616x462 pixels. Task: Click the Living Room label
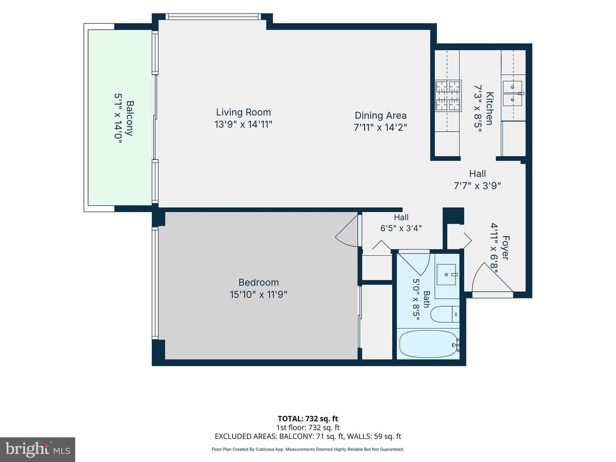tap(243, 112)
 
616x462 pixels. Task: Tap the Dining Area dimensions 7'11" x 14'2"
tap(380, 127)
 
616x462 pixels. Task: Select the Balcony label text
tap(130, 118)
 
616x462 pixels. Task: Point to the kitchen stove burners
tap(448, 95)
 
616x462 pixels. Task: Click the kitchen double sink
tap(512, 93)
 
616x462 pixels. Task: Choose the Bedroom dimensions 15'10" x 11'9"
tap(258, 295)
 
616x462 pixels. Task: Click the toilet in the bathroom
tap(444, 314)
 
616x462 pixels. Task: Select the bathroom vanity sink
tap(446, 275)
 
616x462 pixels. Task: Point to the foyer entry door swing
tap(492, 277)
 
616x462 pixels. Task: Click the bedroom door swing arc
tap(347, 231)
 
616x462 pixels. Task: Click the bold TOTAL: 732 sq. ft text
tap(308, 419)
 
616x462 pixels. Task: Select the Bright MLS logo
tap(38, 449)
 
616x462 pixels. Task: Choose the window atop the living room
tap(213, 17)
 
